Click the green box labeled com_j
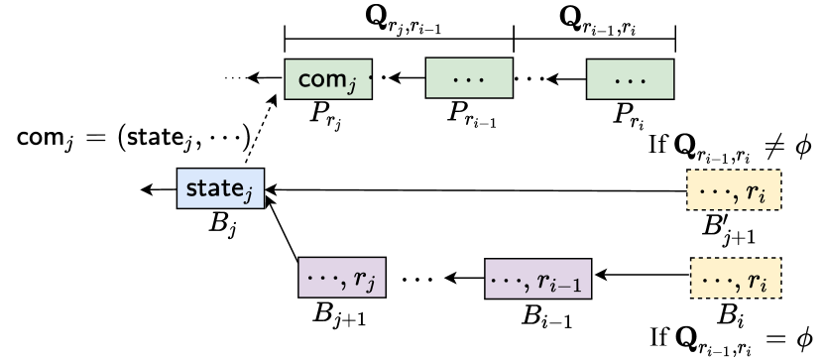(x=328, y=78)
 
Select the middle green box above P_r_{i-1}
(x=468, y=78)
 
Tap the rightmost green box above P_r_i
(x=630, y=78)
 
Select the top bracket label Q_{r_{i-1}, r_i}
(x=595, y=20)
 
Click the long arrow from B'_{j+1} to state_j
(x=476, y=189)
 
